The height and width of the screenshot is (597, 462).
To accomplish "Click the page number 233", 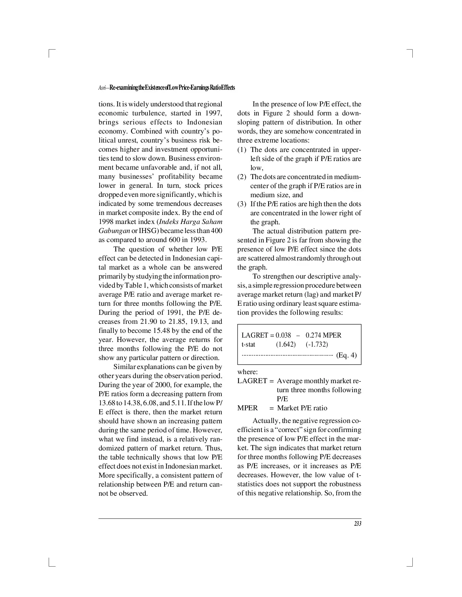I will click(x=358, y=524).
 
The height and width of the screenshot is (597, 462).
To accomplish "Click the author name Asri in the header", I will click(x=102, y=88).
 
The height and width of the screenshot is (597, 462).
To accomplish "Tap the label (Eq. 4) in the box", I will click(x=346, y=355).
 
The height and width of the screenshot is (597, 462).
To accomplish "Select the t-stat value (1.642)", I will click(x=286, y=344).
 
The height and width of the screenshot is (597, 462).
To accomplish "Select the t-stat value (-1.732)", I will click(x=317, y=344).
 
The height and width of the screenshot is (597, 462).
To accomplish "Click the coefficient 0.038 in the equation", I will click(x=283, y=335).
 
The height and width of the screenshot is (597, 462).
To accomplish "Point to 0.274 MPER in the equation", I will click(x=323, y=335).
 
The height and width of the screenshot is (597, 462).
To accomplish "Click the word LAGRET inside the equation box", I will click(x=255, y=335).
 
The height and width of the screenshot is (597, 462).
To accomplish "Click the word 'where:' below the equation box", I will click(x=247, y=372).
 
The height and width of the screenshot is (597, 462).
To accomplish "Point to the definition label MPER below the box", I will click(x=247, y=408).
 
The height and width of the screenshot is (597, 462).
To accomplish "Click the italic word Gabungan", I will click(x=114, y=231).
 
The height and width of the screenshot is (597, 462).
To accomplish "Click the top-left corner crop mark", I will click(x=50, y=53).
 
